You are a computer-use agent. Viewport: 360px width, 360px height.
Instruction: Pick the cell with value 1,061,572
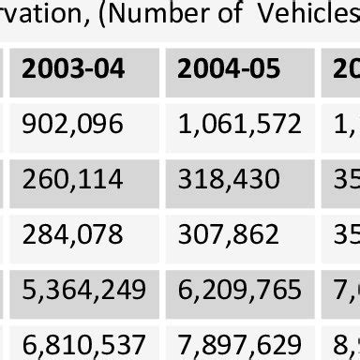[239, 125]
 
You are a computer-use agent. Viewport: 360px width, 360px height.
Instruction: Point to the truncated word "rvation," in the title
[42, 17]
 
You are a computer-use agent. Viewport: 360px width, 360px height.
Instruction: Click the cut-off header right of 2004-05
[346, 69]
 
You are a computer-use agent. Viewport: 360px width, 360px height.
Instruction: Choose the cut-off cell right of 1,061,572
[346, 125]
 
